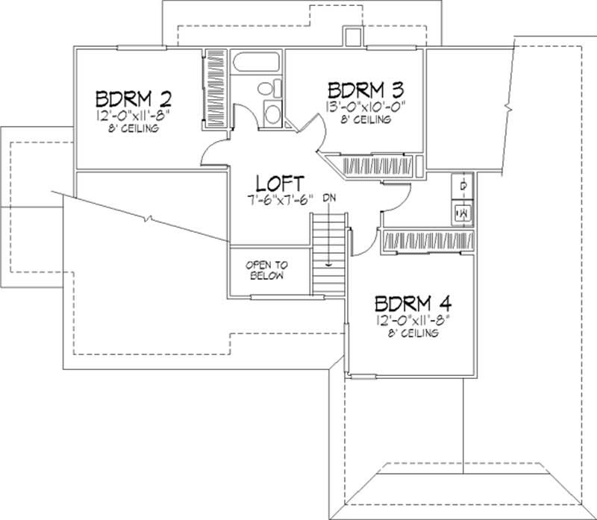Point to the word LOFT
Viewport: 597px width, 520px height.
(x=279, y=183)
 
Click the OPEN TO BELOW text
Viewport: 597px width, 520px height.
(x=266, y=271)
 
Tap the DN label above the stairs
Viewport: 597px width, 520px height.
(x=329, y=199)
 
